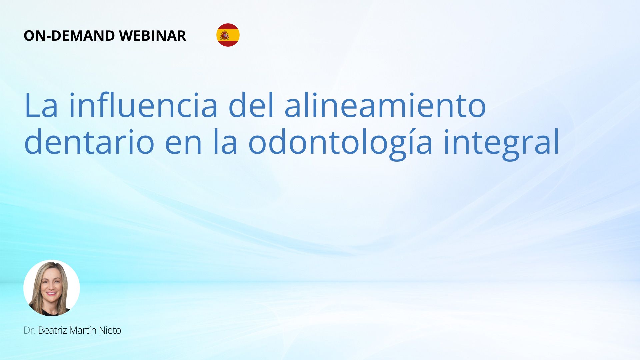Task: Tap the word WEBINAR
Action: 152,36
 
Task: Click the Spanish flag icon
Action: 228,35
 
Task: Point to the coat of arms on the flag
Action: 224,35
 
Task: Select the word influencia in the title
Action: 143,105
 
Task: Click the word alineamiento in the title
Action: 385,105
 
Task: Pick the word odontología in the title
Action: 340,144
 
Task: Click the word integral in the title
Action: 501,144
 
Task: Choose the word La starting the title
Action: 41,106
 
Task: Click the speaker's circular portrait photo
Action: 52,288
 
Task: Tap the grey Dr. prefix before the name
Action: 30,330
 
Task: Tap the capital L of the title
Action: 32,106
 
